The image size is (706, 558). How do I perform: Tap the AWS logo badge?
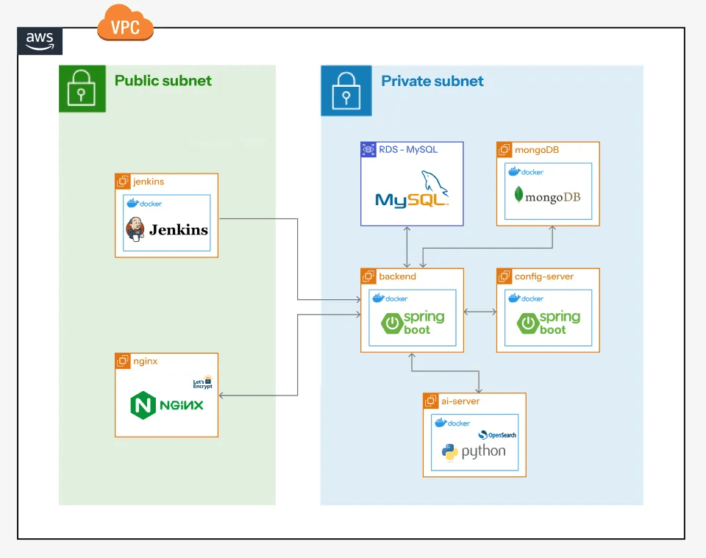click(x=40, y=41)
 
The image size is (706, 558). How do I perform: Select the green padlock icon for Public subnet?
click(x=82, y=89)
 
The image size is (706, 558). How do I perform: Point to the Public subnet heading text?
click(x=163, y=81)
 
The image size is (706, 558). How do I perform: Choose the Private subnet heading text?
click(x=432, y=81)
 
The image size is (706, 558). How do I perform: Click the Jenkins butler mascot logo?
click(x=135, y=229)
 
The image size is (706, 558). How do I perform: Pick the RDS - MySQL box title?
click(x=408, y=149)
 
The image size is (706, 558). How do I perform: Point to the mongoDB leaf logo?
click(x=519, y=196)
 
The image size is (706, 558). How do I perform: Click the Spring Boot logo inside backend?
click(x=412, y=323)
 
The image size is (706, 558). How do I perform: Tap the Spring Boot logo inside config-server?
click(x=549, y=323)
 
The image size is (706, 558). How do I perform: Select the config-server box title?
click(x=544, y=276)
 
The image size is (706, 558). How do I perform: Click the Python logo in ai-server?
click(x=450, y=452)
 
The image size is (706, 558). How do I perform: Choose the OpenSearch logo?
click(x=497, y=434)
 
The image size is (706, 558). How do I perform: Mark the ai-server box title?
click(x=462, y=401)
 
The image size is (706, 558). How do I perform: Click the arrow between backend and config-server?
click(x=480, y=312)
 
